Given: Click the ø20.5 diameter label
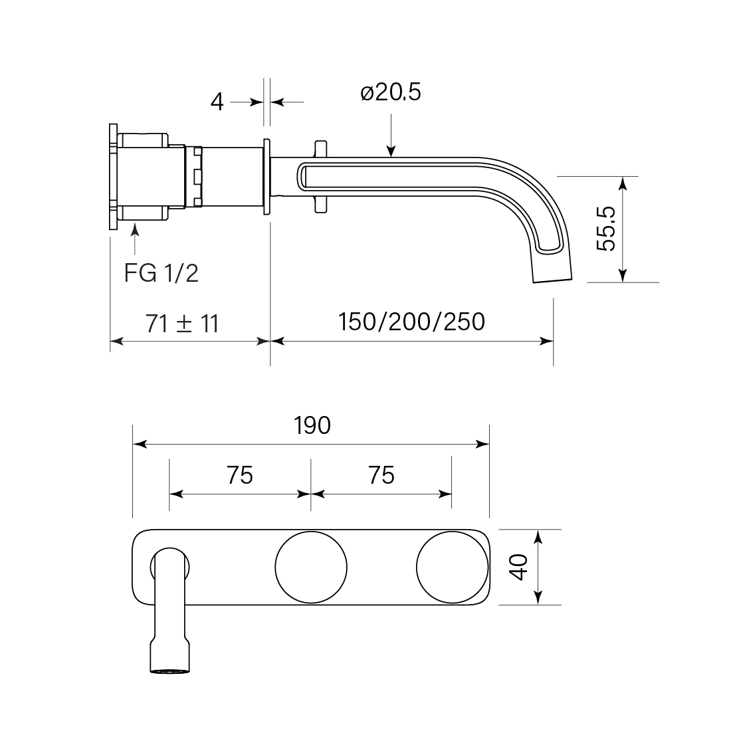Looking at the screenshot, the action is [x=391, y=92].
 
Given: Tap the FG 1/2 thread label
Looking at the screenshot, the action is [x=161, y=273].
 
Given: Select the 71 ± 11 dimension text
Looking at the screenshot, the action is [x=182, y=324].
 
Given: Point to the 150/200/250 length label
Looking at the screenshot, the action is [x=411, y=322].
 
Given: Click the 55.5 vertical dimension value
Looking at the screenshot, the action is [x=606, y=229].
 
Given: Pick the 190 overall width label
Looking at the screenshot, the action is [x=312, y=425].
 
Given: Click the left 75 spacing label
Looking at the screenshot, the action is [x=240, y=475].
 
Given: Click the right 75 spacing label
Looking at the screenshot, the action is [x=381, y=475].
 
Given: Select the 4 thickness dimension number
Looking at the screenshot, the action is [x=217, y=102].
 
